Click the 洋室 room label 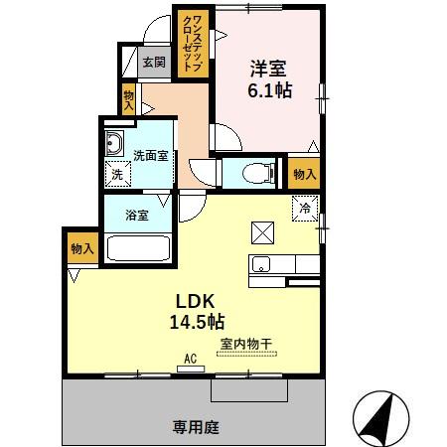[267, 69]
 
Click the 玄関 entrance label [153, 62]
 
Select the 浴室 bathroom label [136, 213]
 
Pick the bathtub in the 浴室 [137, 248]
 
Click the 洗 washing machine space [118, 174]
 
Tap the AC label [190, 359]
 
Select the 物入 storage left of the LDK [81, 248]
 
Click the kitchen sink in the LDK [261, 264]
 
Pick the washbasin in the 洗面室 [114, 140]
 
